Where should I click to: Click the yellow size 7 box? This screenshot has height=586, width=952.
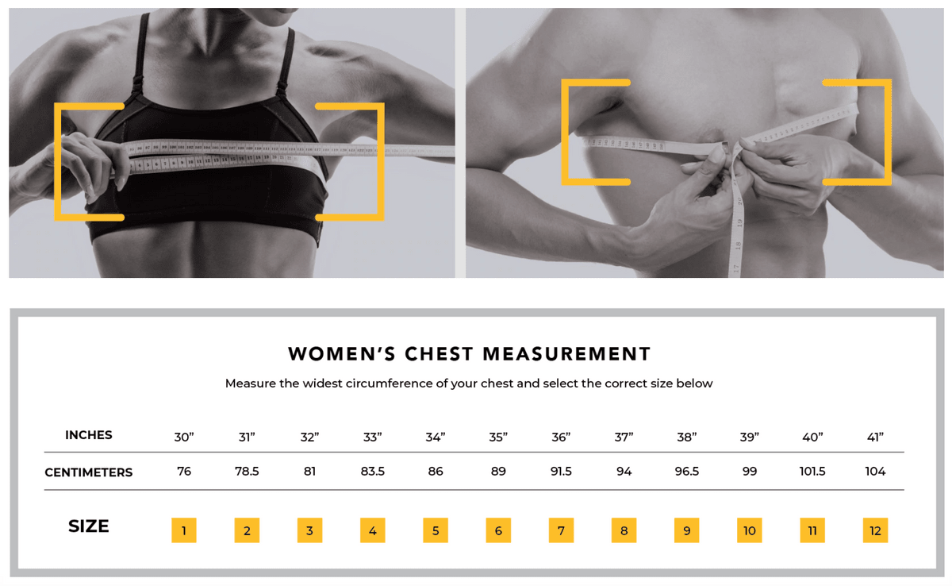[x=561, y=530]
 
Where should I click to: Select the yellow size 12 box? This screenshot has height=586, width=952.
[x=875, y=530]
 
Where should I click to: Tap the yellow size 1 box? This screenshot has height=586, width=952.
[x=184, y=530]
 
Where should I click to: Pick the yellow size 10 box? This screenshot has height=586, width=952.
[x=750, y=530]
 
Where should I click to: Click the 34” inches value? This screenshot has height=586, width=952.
[x=436, y=437]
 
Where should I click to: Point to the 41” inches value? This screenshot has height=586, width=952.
[x=875, y=437]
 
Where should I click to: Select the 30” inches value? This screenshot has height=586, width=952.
[x=184, y=437]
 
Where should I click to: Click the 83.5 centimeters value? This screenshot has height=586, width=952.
[x=372, y=472]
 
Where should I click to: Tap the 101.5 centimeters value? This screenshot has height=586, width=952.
[x=812, y=472]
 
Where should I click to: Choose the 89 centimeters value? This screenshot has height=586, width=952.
[x=498, y=472]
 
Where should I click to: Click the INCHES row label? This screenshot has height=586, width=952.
[x=89, y=435]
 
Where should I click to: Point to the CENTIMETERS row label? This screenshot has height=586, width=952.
[x=89, y=472]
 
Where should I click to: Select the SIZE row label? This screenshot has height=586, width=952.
[x=89, y=526]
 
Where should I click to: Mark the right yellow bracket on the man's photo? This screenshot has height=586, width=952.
[x=886, y=132]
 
